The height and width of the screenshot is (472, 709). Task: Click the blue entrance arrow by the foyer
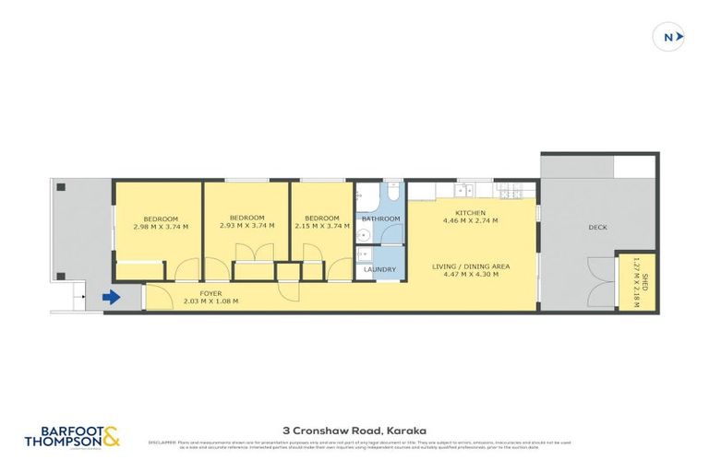pyautogui.click(x=111, y=297)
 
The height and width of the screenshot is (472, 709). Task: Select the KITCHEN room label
pyautogui.click(x=470, y=213)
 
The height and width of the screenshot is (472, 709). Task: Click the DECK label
pyautogui.click(x=597, y=227)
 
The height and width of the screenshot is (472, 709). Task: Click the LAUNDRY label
pyautogui.click(x=379, y=269)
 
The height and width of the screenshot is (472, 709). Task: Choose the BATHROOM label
pyautogui.click(x=380, y=218)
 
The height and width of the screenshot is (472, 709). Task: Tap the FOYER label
pyautogui.click(x=210, y=293)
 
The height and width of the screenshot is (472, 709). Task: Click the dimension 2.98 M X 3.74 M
pyautogui.click(x=160, y=227)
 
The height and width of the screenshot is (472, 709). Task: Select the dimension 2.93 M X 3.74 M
pyautogui.click(x=246, y=226)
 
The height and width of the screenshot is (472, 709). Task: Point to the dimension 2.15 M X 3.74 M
pyautogui.click(x=323, y=226)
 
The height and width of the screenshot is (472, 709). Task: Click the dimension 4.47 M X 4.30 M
pyautogui.click(x=470, y=274)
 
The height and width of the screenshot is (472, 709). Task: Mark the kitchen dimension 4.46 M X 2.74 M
pyautogui.click(x=470, y=221)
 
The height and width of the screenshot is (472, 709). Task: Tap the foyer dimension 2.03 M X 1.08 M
pyautogui.click(x=210, y=301)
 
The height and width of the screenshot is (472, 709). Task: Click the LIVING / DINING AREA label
pyautogui.click(x=471, y=266)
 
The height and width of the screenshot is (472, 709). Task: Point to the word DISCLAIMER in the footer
pyautogui.click(x=163, y=441)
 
